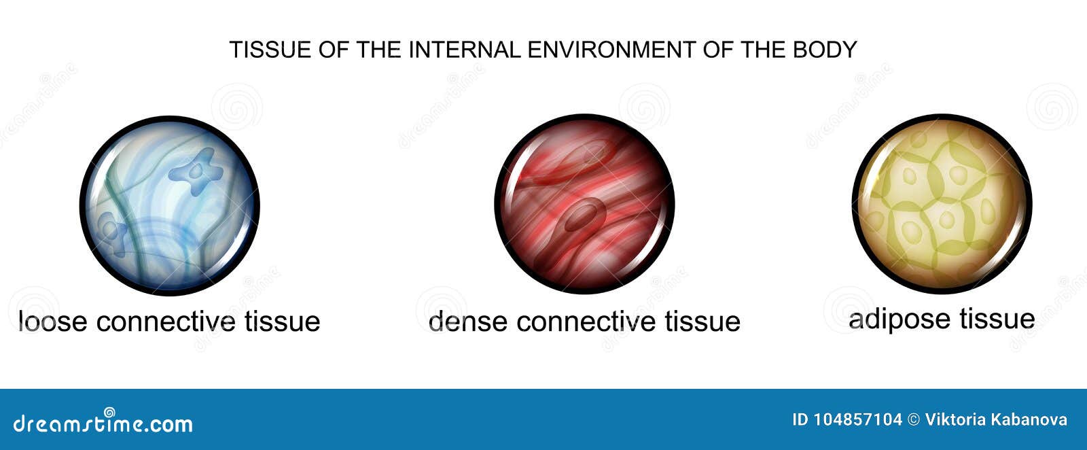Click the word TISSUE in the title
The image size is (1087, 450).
point(270,50)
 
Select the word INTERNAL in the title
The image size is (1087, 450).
point(465,50)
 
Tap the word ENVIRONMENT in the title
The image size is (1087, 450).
point(611,50)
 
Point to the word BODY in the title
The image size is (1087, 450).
point(825,50)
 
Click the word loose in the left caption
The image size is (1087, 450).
point(53,322)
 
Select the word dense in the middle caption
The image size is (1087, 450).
point(468,322)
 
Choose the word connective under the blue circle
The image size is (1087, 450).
point(166,322)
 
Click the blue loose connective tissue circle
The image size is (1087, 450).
point(170,205)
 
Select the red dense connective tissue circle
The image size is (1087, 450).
point(585,204)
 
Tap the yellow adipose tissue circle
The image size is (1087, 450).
point(942,204)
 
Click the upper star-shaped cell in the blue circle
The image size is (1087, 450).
point(196,171)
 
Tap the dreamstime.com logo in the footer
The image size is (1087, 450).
point(103,421)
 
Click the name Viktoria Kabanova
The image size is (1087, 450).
point(996,419)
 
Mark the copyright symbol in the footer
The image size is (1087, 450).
point(913,419)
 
